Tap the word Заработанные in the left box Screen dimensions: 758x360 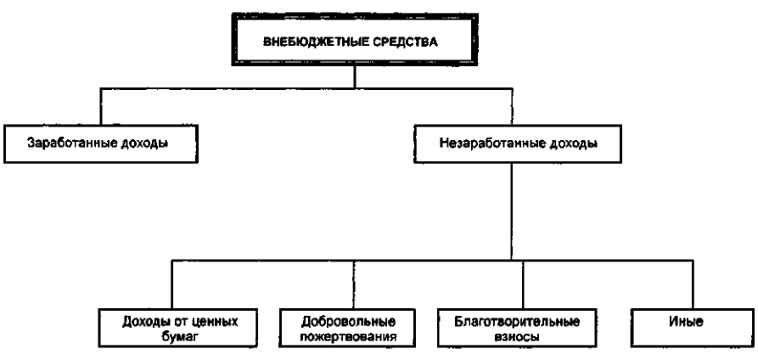69,143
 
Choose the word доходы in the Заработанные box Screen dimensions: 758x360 142,144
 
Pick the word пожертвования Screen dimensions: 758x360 348,337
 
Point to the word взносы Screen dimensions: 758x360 517,337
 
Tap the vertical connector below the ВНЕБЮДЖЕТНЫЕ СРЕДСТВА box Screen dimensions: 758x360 355,76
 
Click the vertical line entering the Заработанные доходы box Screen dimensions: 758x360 100,106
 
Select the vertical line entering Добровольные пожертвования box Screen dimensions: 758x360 353,284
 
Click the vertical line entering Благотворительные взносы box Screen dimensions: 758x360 523,284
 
